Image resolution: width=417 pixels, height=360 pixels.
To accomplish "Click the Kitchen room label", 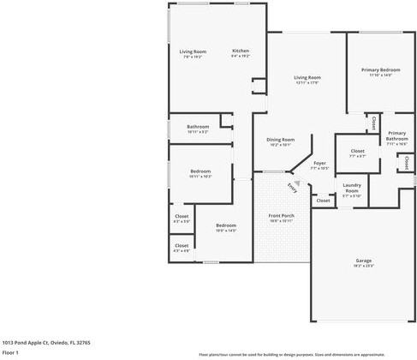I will coord(241,51).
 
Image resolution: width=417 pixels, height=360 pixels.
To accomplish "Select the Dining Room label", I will coord(280,139).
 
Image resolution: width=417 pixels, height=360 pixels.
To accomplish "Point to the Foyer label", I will coord(319,162).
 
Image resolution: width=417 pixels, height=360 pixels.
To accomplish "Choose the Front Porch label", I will coord(281,215).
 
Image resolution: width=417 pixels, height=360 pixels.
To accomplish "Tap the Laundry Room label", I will coord(352,188).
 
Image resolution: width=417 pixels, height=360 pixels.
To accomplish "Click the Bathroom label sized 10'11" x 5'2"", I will coord(198,126).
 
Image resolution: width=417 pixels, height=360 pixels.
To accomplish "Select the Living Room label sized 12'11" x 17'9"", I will coord(307,77).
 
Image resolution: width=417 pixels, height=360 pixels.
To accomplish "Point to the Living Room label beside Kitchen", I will coord(193,51).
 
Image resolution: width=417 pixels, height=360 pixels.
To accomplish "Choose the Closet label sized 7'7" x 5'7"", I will coord(357,151).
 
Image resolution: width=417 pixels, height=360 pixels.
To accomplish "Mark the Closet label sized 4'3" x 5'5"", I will coord(182,216).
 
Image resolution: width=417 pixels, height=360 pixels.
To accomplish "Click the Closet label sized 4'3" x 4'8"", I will coord(182,245).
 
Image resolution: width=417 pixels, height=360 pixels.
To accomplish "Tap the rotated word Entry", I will coord(294,186).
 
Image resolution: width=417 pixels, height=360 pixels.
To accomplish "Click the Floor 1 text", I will coord(10,352).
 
